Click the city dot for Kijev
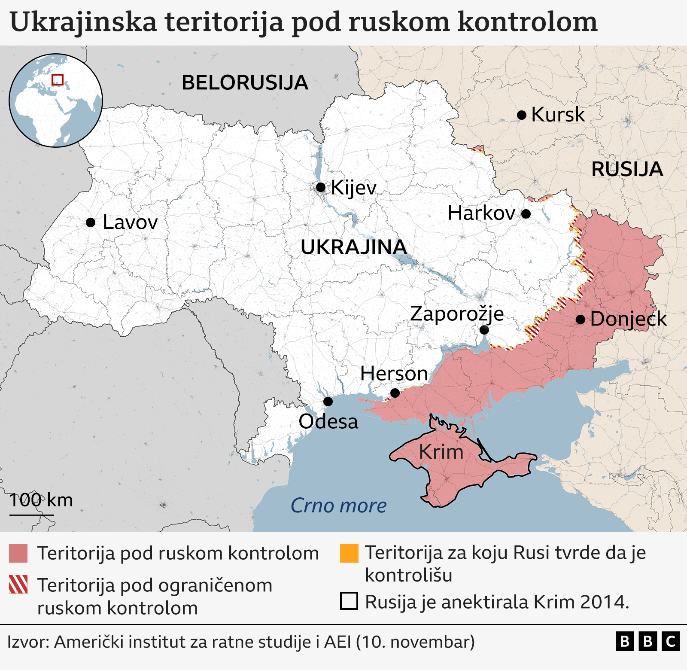click(320, 187)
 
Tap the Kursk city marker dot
click(522, 115)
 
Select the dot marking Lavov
click(91, 222)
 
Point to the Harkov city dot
click(526, 213)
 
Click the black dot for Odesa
click(328, 402)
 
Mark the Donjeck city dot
click(581, 320)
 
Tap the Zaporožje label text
click(457, 314)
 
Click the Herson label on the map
click(394, 374)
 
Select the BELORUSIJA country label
click(245, 83)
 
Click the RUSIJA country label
click(627, 169)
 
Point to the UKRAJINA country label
click(354, 247)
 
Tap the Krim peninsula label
click(441, 452)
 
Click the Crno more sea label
click(339, 506)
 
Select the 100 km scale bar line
click(31, 515)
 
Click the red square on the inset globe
click(58, 80)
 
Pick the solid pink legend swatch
click(18, 553)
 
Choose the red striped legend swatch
click(18, 585)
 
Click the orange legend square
click(349, 553)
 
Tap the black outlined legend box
click(349, 601)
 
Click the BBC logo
click(647, 642)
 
